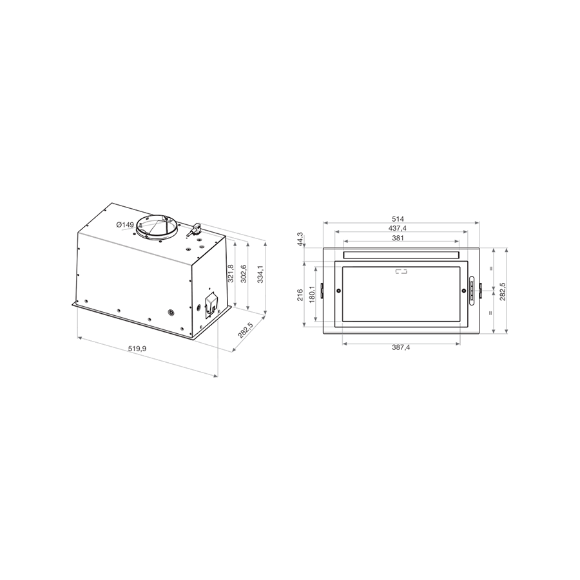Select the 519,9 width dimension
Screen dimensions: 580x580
[137, 349]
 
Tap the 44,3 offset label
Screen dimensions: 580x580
[300, 238]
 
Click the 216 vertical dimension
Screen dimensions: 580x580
[300, 295]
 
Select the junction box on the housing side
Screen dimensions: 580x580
[211, 304]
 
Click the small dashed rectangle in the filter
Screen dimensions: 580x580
[401, 272]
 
